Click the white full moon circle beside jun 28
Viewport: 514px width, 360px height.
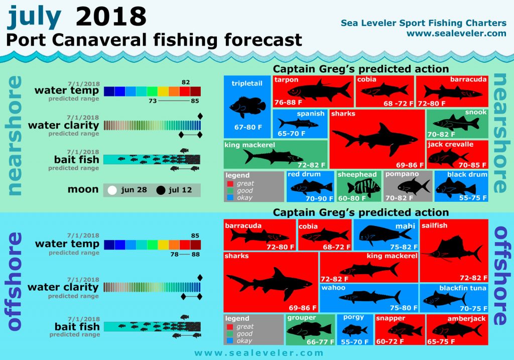(112, 190)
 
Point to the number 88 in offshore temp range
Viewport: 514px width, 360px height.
(194, 255)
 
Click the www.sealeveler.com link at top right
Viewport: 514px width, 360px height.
(456, 33)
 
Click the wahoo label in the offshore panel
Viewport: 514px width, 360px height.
(333, 288)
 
